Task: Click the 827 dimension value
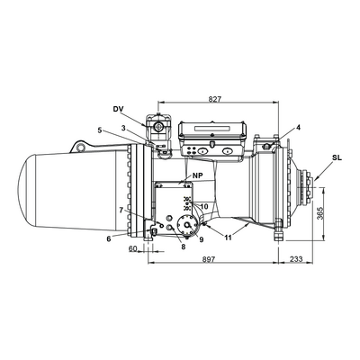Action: (214, 99)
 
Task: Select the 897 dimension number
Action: (209, 259)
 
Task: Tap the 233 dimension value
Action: (296, 258)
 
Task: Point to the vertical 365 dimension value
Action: (319, 213)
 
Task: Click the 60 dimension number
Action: (132, 248)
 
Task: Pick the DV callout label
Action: (119, 109)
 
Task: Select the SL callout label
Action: (337, 158)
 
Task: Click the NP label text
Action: (198, 175)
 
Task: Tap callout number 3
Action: (123, 128)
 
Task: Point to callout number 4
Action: (298, 127)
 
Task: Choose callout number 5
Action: (100, 130)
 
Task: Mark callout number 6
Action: (109, 238)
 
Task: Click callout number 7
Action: (121, 210)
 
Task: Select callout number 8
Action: (184, 247)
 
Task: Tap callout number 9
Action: (202, 239)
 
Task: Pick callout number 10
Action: (204, 206)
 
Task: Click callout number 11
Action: (229, 238)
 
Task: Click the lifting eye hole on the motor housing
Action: (80, 147)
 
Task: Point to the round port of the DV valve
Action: (157, 127)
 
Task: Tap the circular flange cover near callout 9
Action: (187, 225)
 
